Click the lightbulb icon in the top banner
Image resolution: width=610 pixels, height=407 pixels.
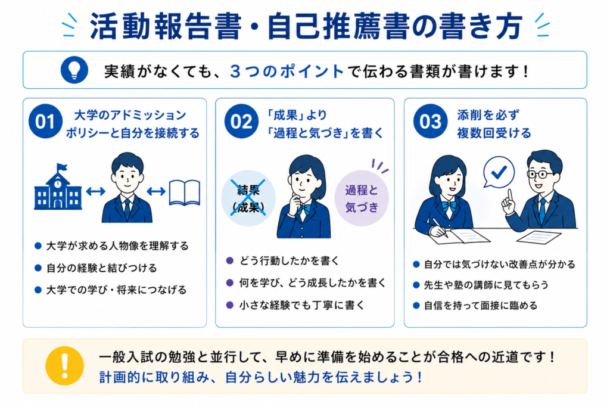point(74,70)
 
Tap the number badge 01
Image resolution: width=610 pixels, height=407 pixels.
point(45,122)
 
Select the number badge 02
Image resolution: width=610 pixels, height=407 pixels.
point(241,122)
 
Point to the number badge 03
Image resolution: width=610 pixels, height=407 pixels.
point(430,122)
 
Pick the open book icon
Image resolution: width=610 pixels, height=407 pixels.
point(185,192)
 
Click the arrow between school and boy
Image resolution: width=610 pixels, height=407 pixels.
point(95,191)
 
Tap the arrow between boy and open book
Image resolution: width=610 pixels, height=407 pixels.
point(157,191)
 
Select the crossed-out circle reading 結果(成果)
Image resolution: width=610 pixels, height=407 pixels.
point(248,198)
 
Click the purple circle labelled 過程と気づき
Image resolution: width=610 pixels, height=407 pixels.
point(362,198)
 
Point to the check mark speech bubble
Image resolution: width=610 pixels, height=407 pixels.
point(499,172)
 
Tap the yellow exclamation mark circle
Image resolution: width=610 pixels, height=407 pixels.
point(64,366)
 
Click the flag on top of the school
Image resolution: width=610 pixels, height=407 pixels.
point(61,167)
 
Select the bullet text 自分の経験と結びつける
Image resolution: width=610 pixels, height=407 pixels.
point(101,268)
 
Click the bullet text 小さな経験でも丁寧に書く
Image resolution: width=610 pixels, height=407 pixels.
point(301,305)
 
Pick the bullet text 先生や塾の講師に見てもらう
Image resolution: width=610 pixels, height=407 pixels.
point(486,285)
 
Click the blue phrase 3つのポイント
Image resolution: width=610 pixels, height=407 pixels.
point(287,72)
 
